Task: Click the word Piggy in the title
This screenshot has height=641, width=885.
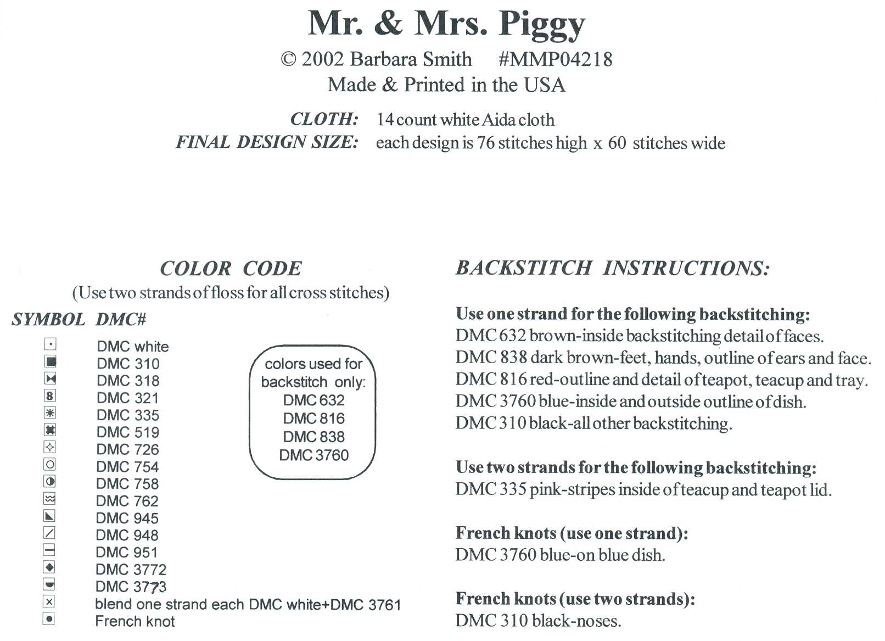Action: [x=541, y=25]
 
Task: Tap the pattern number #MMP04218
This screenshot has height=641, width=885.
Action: [x=555, y=59]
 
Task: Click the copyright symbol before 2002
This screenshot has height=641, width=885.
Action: [x=288, y=59]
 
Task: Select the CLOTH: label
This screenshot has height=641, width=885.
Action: [x=324, y=119]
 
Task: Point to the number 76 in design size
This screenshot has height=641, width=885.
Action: [x=486, y=143]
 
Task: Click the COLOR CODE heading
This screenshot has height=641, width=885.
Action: [x=231, y=269]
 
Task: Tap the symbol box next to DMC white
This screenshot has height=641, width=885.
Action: [x=50, y=344]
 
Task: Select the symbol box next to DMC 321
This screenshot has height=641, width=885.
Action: [x=50, y=395]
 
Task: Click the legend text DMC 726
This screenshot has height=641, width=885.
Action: [x=127, y=449]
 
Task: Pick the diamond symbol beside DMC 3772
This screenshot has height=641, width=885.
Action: [x=49, y=567]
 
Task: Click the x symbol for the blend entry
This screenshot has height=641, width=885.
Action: [x=49, y=602]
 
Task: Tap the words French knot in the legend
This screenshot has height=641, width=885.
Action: [x=135, y=621]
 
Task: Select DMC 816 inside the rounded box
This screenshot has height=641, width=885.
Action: [x=313, y=419]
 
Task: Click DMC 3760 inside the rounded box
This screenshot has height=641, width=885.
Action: [x=313, y=455]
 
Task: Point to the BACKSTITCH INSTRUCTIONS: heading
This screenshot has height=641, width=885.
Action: [x=613, y=268]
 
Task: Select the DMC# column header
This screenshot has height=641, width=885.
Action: [x=121, y=320]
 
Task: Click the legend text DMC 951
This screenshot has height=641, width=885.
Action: [x=127, y=553]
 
